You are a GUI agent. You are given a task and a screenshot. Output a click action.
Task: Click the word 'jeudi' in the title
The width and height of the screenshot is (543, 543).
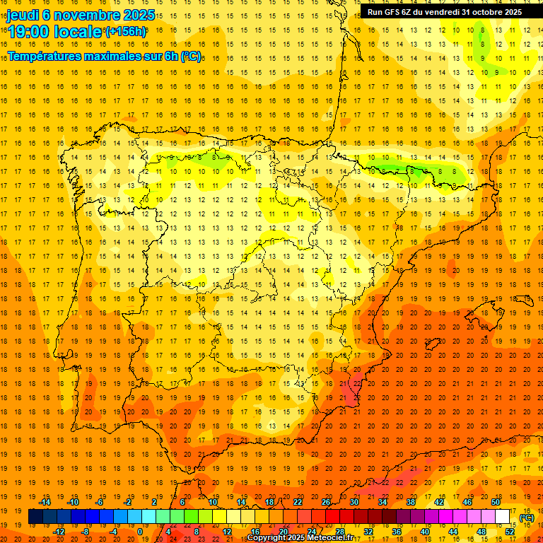pos(22,14)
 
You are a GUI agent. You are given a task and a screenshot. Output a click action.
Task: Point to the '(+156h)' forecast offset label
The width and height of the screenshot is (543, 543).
pos(126,31)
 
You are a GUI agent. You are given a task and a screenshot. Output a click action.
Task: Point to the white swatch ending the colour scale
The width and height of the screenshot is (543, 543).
pos(503,517)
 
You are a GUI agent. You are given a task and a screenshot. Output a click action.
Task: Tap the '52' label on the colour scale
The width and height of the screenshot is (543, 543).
pos(510,531)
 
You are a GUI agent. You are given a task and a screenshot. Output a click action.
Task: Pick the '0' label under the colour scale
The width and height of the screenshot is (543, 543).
pos(141,531)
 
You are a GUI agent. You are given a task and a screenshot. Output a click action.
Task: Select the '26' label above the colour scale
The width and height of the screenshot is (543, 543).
pos(326,502)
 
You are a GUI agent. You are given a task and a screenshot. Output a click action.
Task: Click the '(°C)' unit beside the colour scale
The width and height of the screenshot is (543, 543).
pos(526,518)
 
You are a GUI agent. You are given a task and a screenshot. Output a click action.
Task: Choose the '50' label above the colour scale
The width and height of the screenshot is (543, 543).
pos(496,502)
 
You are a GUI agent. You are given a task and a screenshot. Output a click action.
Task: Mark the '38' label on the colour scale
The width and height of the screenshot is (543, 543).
pos(411,502)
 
